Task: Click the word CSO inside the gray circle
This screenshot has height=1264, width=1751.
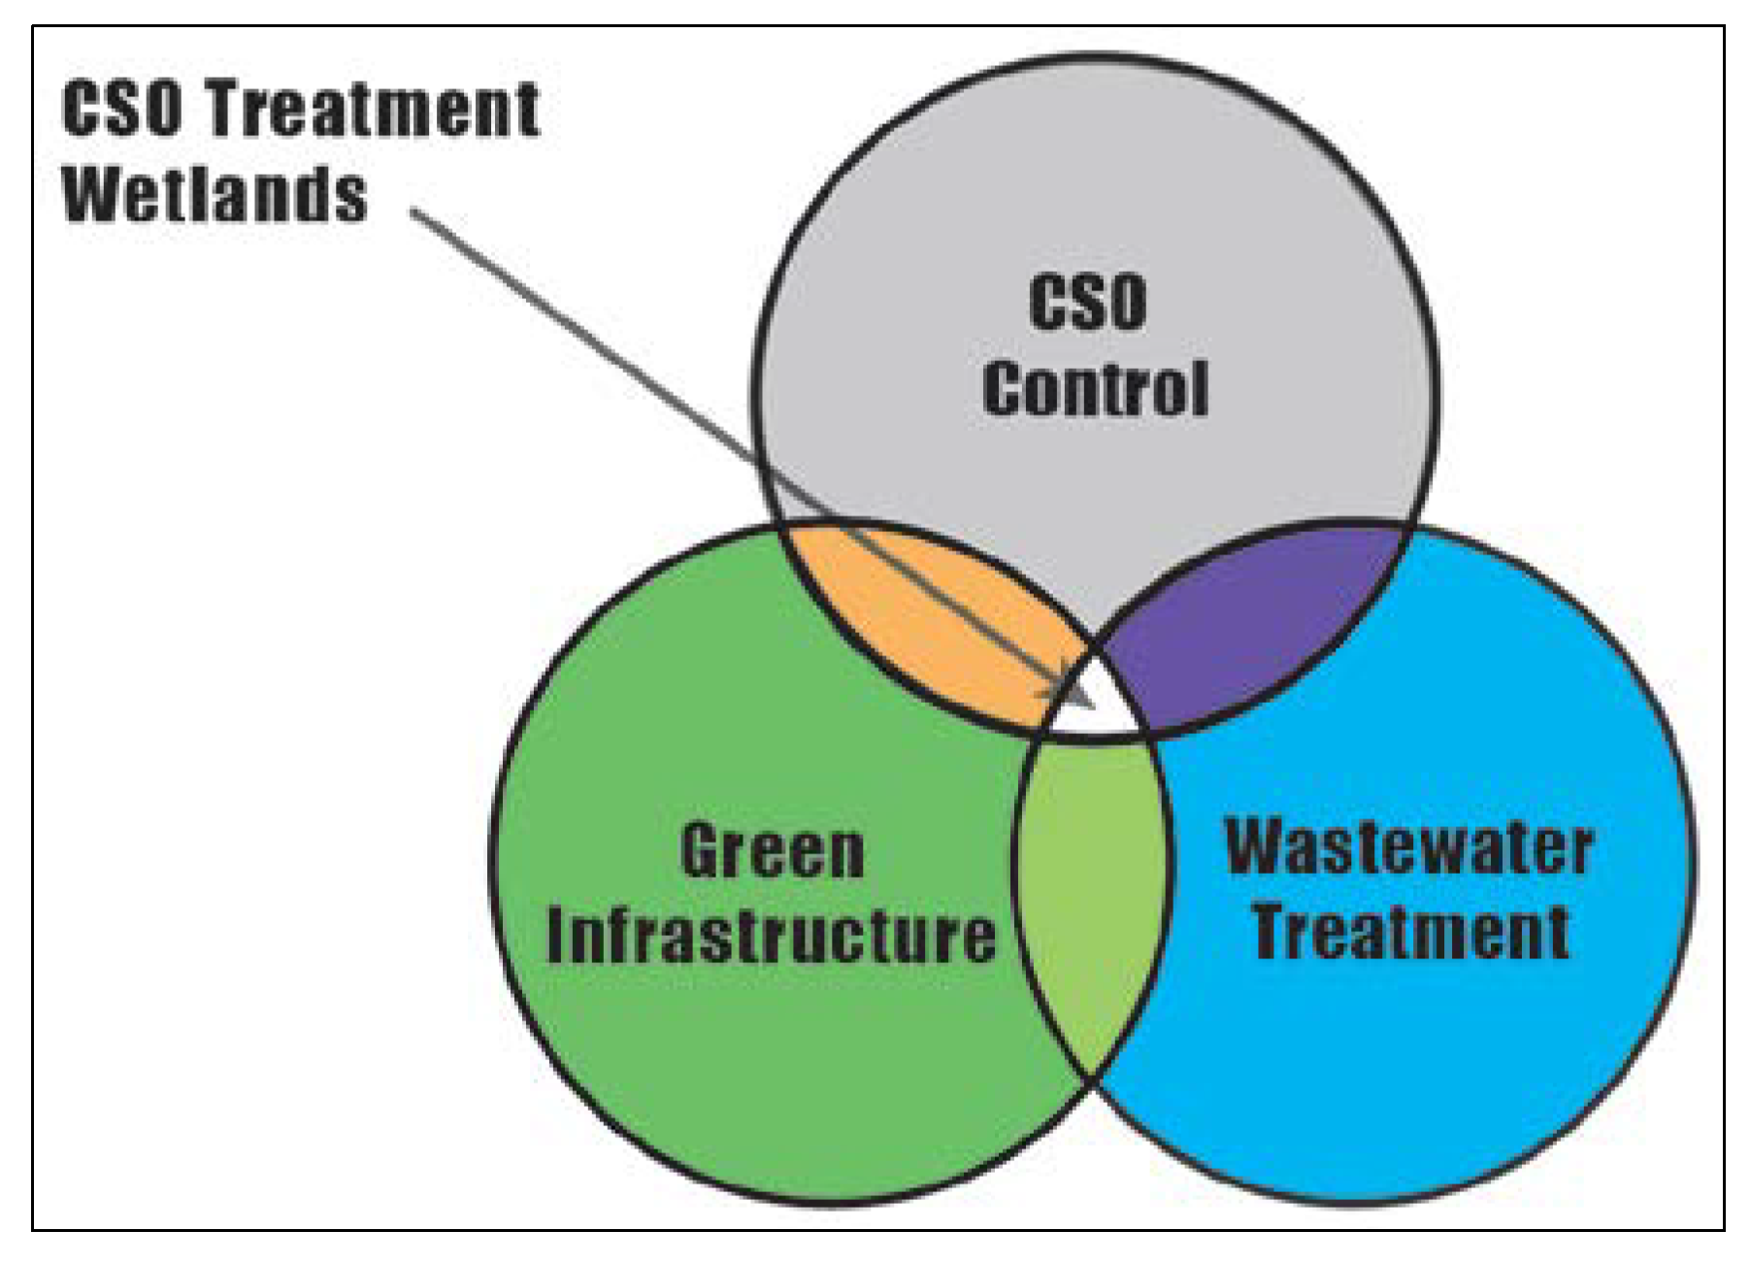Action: [1087, 303]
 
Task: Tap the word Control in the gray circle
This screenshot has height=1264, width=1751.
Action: [1095, 389]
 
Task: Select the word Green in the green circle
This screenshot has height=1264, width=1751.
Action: [772, 851]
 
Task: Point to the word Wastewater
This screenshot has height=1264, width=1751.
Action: [1408, 847]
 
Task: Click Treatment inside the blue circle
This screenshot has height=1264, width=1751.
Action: [1411, 930]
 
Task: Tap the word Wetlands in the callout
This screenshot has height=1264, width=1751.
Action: [215, 195]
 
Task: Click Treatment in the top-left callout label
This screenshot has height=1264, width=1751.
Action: [374, 109]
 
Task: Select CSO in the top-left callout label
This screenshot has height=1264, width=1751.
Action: [121, 109]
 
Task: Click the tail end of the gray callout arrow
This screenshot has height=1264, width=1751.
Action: [413, 211]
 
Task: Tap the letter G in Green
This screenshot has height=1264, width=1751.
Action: [701, 851]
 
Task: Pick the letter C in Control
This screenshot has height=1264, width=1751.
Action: [1004, 389]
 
